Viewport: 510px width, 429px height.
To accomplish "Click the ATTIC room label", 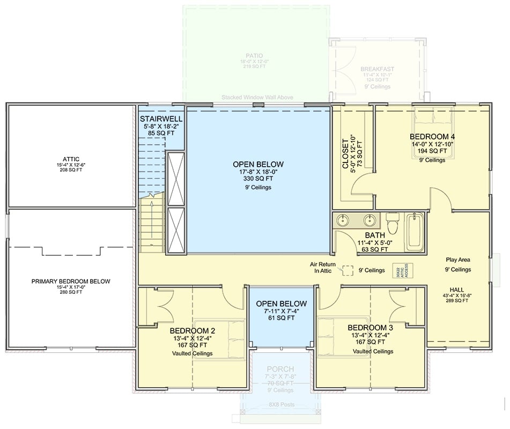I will pos(70,159).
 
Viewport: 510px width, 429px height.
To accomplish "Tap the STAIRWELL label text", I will pos(161,119).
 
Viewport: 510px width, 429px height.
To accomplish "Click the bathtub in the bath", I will pos(415,232).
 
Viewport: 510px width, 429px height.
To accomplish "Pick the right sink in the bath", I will pos(369,220).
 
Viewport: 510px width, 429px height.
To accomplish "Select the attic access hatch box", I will pos(397,270).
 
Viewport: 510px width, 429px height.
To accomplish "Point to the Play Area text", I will pos(457,259).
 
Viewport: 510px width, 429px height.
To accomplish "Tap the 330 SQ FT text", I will pos(258,179).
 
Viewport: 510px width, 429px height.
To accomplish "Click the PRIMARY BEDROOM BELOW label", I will pos(70,281).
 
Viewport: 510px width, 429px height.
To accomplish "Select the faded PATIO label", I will pos(254,55).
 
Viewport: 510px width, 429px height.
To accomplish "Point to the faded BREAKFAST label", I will pos(377,69).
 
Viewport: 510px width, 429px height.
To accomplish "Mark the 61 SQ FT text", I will pos(281,317).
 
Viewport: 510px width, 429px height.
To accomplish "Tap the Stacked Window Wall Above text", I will pos(256,98).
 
